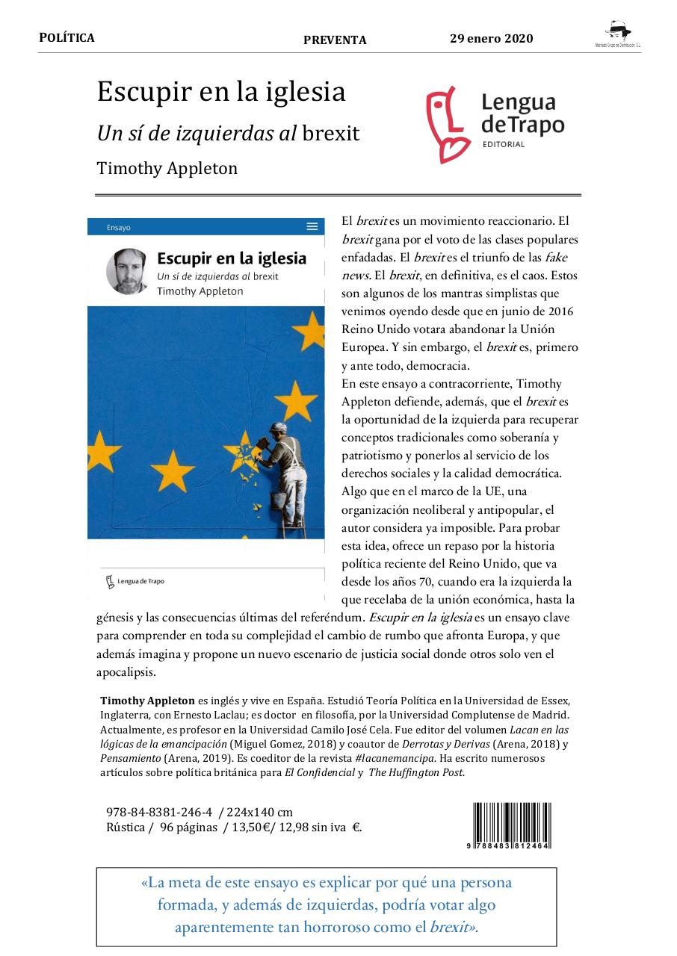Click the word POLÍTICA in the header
(x=67, y=38)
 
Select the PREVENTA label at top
(x=335, y=40)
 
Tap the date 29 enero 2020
(x=491, y=39)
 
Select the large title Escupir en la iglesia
(x=221, y=92)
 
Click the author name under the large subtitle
(x=167, y=168)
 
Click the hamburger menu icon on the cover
(x=312, y=226)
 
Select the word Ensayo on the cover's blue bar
(x=118, y=227)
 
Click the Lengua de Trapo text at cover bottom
(x=140, y=581)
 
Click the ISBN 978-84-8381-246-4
(x=160, y=812)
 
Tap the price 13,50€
(x=253, y=827)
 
